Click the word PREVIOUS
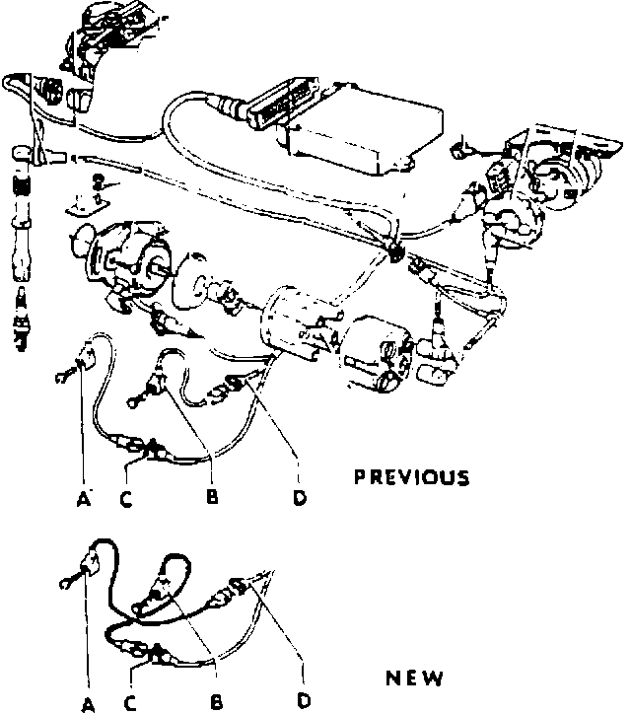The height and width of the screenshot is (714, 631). (411, 478)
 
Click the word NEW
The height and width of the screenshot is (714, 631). (414, 678)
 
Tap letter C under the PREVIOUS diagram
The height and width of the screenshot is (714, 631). (125, 498)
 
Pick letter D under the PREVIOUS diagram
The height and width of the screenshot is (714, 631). (299, 497)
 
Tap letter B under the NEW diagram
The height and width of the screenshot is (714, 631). (216, 703)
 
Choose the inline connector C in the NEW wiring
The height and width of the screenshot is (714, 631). (151, 651)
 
